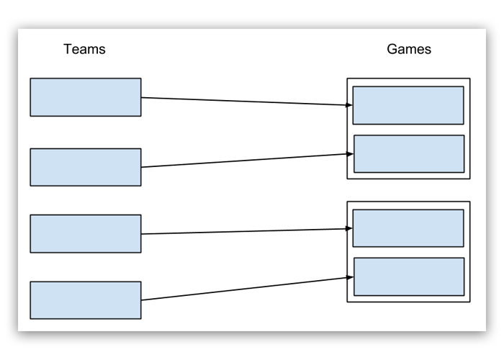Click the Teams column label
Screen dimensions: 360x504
84,50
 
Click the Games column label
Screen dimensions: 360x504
408,50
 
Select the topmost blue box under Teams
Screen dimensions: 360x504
85,97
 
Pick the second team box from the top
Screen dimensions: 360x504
85,167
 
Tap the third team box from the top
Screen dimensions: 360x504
85,234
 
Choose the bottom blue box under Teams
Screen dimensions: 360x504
85,300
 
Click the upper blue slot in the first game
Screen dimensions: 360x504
408,106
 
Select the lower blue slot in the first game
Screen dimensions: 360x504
409,154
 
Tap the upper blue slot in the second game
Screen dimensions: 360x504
408,228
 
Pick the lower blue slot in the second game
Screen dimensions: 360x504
409,276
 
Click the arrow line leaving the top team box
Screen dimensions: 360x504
245,101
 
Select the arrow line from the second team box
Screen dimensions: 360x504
245,161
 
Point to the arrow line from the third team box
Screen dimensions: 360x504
245,231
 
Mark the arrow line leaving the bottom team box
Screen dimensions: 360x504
245,289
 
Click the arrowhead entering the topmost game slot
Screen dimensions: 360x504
349,105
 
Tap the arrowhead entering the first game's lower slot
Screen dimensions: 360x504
351,153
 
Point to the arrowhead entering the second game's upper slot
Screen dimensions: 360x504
349,228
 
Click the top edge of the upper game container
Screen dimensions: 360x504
408,78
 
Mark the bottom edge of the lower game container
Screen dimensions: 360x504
408,302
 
